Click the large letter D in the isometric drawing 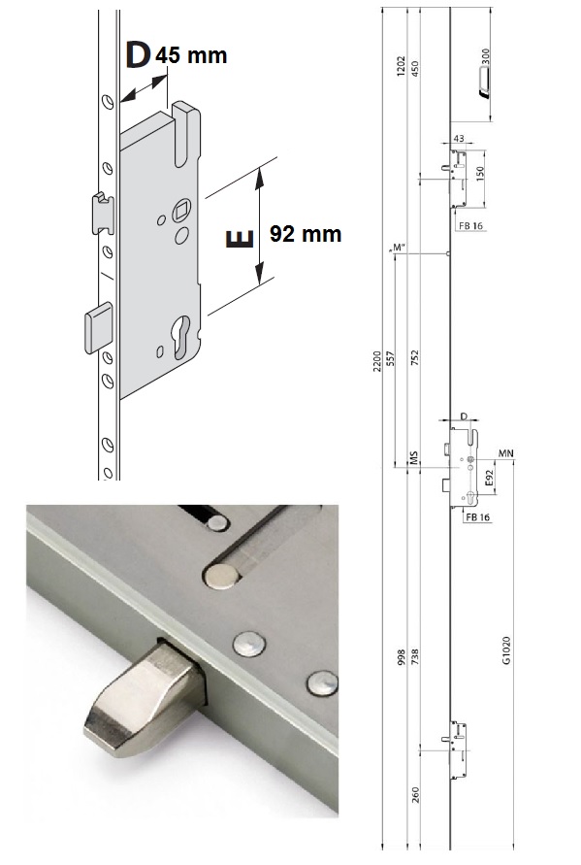pyautogui.click(x=138, y=55)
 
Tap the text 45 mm pyautogui.click(x=191, y=55)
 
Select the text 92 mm pyautogui.click(x=306, y=234)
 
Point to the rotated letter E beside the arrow pyautogui.click(x=240, y=238)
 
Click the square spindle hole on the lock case pyautogui.click(x=181, y=209)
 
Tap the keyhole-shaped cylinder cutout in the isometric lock pyautogui.click(x=181, y=337)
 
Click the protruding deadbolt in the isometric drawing pyautogui.click(x=99, y=327)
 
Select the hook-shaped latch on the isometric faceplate pyautogui.click(x=103, y=213)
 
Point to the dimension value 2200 pyautogui.click(x=377, y=361)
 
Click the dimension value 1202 pyautogui.click(x=402, y=66)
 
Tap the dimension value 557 pyautogui.click(x=391, y=360)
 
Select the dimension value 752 pyautogui.click(x=415, y=358)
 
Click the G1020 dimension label pyautogui.click(x=507, y=650)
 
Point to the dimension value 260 pyautogui.click(x=415, y=795)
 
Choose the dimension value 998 pyautogui.click(x=402, y=657)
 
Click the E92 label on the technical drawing pyautogui.click(x=489, y=479)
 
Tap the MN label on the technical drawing pyautogui.click(x=506, y=453)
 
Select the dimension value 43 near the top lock pyautogui.click(x=459, y=139)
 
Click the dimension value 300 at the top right pyautogui.click(x=485, y=57)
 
